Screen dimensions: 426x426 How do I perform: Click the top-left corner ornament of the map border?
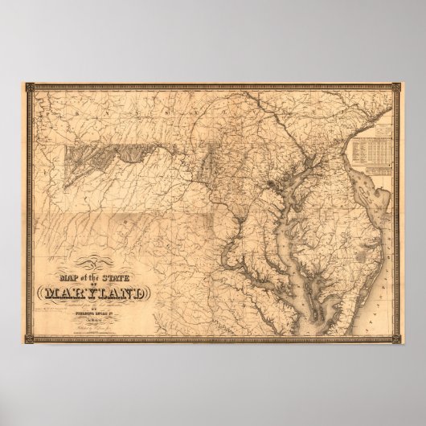[x=27, y=81]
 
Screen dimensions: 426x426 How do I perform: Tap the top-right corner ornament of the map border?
[x=399, y=81]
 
